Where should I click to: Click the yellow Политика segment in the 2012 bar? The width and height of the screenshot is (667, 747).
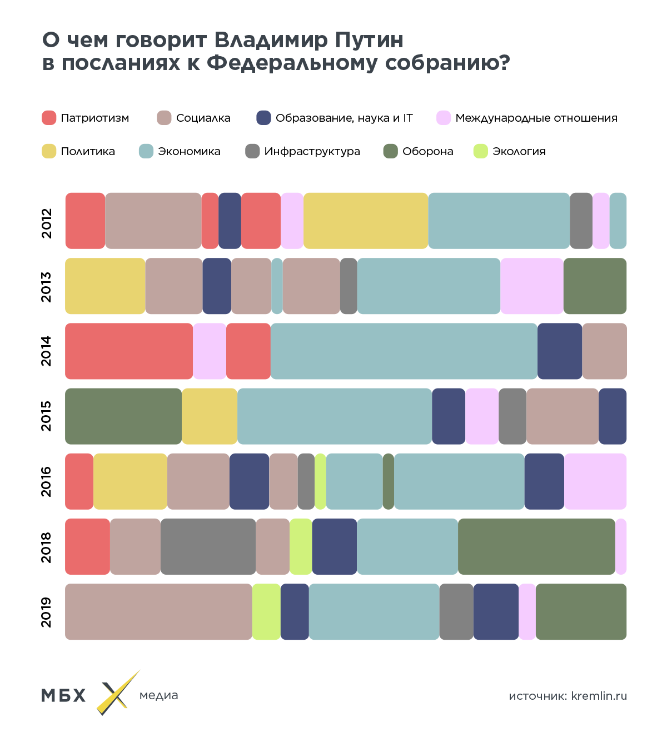(366, 221)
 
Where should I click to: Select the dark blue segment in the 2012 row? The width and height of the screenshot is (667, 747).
(230, 221)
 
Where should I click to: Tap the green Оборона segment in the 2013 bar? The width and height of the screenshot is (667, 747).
(595, 286)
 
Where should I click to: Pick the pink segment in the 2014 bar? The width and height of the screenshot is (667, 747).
(210, 351)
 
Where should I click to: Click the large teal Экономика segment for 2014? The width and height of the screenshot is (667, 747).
(404, 351)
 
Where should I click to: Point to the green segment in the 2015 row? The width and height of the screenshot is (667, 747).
(123, 416)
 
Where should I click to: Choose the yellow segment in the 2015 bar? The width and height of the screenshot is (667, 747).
(210, 416)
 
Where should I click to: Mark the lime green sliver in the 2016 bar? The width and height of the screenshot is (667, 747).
(320, 481)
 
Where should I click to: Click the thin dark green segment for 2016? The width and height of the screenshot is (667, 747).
(389, 481)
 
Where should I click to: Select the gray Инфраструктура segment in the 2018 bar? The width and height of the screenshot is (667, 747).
(208, 546)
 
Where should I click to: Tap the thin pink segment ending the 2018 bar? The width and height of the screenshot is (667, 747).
(621, 546)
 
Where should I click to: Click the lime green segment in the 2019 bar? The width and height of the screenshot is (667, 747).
(266, 611)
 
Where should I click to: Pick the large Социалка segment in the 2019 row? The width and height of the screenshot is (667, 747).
(158, 611)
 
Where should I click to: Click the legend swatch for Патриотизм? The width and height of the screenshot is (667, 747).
(49, 118)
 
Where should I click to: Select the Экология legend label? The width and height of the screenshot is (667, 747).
(519, 151)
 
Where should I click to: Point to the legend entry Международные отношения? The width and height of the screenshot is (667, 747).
(536, 118)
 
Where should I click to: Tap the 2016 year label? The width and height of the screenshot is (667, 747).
(46, 481)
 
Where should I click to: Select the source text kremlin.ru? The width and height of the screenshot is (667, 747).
(599, 696)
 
